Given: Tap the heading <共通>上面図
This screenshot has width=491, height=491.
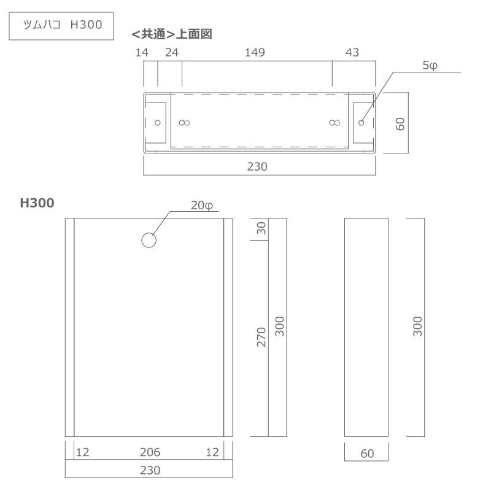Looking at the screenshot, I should coord(172,35).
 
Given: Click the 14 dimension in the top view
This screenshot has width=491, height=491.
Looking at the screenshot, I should coord(141,53).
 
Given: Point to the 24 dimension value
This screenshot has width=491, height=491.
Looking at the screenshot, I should coord(171,53).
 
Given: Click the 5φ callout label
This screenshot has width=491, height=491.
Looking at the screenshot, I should coord(430,66).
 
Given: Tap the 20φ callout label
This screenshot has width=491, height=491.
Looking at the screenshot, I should coord(201,206).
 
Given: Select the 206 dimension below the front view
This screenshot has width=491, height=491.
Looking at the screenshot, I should coord(150,452).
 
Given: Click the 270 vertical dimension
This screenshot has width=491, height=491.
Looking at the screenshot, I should coord(261,337).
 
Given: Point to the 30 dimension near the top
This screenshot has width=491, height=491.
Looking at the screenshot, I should coord(261,228).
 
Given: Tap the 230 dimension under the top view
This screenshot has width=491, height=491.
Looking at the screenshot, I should coord(257,166).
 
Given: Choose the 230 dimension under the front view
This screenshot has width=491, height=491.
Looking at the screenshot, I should coord(150,470).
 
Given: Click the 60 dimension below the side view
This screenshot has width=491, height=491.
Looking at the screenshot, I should coord(366,454).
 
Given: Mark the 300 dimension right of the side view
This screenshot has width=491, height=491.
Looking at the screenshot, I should coord(417,327).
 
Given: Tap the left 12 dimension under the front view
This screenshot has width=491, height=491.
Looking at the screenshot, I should coord(82,452).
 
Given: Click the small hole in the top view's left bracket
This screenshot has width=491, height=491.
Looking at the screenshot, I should coord(158,122).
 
